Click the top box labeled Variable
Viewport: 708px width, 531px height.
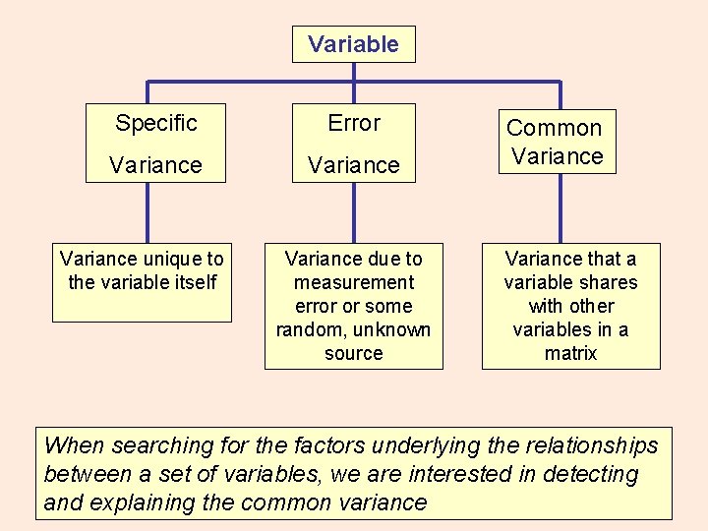[x=353, y=44]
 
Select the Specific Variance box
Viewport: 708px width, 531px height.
[x=155, y=143]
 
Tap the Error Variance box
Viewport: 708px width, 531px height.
[x=353, y=143]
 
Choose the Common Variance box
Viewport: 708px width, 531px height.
[x=557, y=142]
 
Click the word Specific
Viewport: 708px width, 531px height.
[x=155, y=123]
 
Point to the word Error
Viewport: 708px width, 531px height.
[x=353, y=123]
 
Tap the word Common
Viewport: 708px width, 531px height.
[x=554, y=128]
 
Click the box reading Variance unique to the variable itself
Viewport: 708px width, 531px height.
[x=142, y=282]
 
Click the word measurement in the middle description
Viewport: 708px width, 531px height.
[x=353, y=282]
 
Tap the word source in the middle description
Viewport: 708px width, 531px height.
[x=353, y=353]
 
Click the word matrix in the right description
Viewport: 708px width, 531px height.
[x=570, y=353]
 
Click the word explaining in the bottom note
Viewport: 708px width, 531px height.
[x=137, y=502]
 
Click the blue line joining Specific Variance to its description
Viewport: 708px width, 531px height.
[x=147, y=212]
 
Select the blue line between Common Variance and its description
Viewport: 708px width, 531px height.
[x=560, y=208]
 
